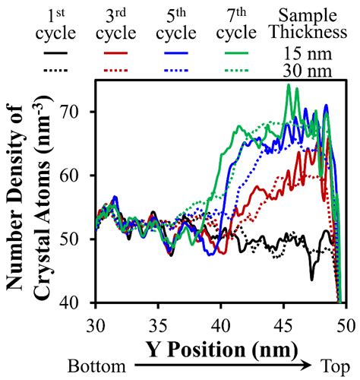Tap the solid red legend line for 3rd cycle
point(115,55)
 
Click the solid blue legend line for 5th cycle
point(175,55)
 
